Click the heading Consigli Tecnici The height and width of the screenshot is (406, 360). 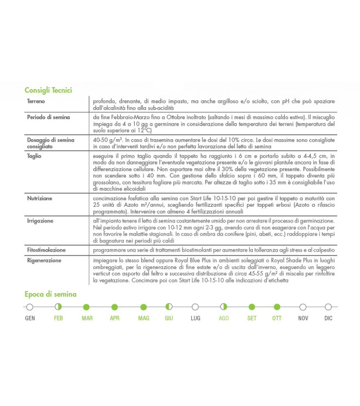coord(48,90)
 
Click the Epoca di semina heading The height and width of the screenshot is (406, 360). coord(50,294)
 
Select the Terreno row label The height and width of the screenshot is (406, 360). coord(37,101)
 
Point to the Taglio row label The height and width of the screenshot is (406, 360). coord(34,156)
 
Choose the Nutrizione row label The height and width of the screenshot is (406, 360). coord(40,199)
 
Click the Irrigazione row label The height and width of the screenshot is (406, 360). coord(40,221)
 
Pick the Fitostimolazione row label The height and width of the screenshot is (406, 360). coord(46,251)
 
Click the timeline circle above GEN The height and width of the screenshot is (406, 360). coord(30,307)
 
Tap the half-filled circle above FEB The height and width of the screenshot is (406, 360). coord(58,307)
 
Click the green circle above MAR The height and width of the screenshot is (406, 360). coord(87,307)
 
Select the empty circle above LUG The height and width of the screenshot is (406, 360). coord(195,307)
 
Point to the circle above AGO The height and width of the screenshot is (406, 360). coord(224,307)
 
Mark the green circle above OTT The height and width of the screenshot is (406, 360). coord(277,307)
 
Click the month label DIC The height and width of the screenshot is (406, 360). coord(329,318)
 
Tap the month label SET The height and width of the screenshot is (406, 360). coord(252,318)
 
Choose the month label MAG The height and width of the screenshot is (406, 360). coord(143,318)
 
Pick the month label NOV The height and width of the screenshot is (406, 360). coord(303,318)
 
